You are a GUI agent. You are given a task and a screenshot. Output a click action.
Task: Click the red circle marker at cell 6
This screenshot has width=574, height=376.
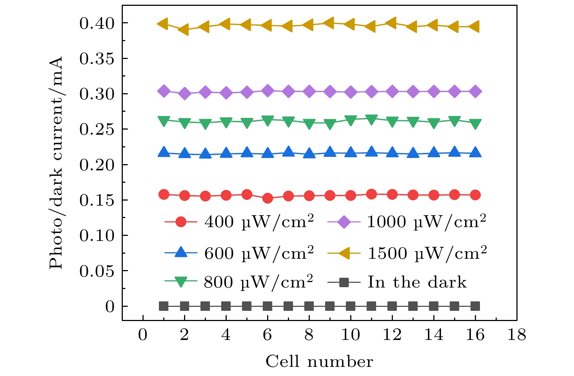coord(268,198)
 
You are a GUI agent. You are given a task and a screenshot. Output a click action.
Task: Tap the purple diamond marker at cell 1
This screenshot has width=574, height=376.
coord(164,91)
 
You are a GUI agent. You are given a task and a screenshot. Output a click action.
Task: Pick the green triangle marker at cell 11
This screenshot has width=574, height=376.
coord(371,120)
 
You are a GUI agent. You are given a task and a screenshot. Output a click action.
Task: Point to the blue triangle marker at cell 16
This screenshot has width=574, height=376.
coord(475,153)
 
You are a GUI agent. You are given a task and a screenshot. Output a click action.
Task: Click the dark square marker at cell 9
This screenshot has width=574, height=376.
coord(330,306)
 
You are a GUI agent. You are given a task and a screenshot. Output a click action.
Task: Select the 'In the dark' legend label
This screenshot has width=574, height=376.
coord(417,282)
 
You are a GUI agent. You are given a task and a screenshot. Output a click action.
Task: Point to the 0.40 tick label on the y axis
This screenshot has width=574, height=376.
coord(97,24)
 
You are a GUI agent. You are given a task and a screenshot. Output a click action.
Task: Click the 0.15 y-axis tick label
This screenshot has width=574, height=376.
coord(97,200)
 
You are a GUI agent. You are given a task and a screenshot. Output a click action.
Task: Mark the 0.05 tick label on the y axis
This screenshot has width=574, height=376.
coord(97,271)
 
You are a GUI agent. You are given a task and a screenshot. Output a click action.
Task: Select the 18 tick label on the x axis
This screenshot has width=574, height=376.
coord(516,335)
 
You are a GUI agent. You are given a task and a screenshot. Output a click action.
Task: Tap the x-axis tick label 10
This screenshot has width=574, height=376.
coord(350,335)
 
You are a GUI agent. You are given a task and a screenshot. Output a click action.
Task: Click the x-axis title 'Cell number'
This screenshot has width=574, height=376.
coord(319,362)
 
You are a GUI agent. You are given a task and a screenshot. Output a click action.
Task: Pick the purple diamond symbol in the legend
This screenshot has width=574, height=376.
coord(344,222)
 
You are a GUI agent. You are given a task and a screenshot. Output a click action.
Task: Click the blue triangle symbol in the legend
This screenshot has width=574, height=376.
coord(181,253)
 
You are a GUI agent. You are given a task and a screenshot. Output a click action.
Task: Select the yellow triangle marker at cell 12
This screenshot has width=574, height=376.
coord(392,23)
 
